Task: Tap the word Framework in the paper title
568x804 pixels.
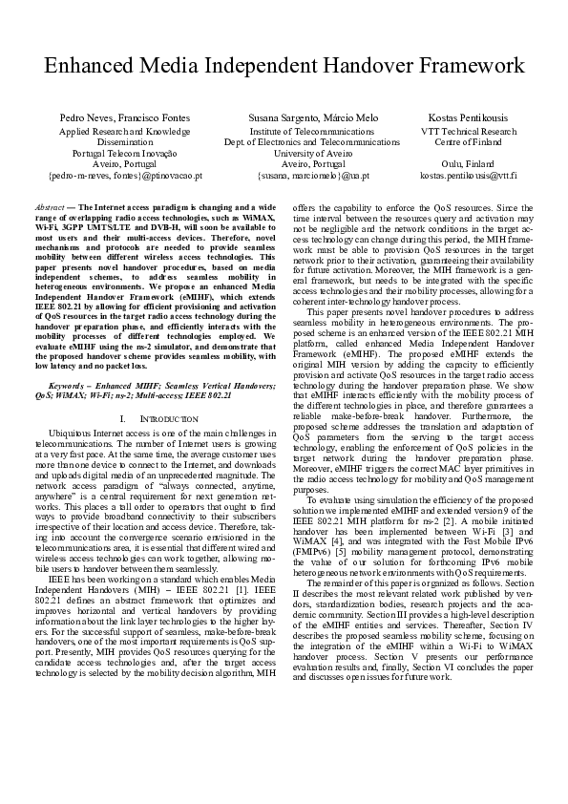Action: [458, 66]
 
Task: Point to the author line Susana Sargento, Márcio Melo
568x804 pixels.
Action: [300, 117]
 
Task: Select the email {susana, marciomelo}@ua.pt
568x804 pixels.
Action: [300, 176]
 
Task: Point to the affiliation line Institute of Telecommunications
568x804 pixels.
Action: [300, 130]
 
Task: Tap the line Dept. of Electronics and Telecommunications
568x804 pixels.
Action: [300, 141]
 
